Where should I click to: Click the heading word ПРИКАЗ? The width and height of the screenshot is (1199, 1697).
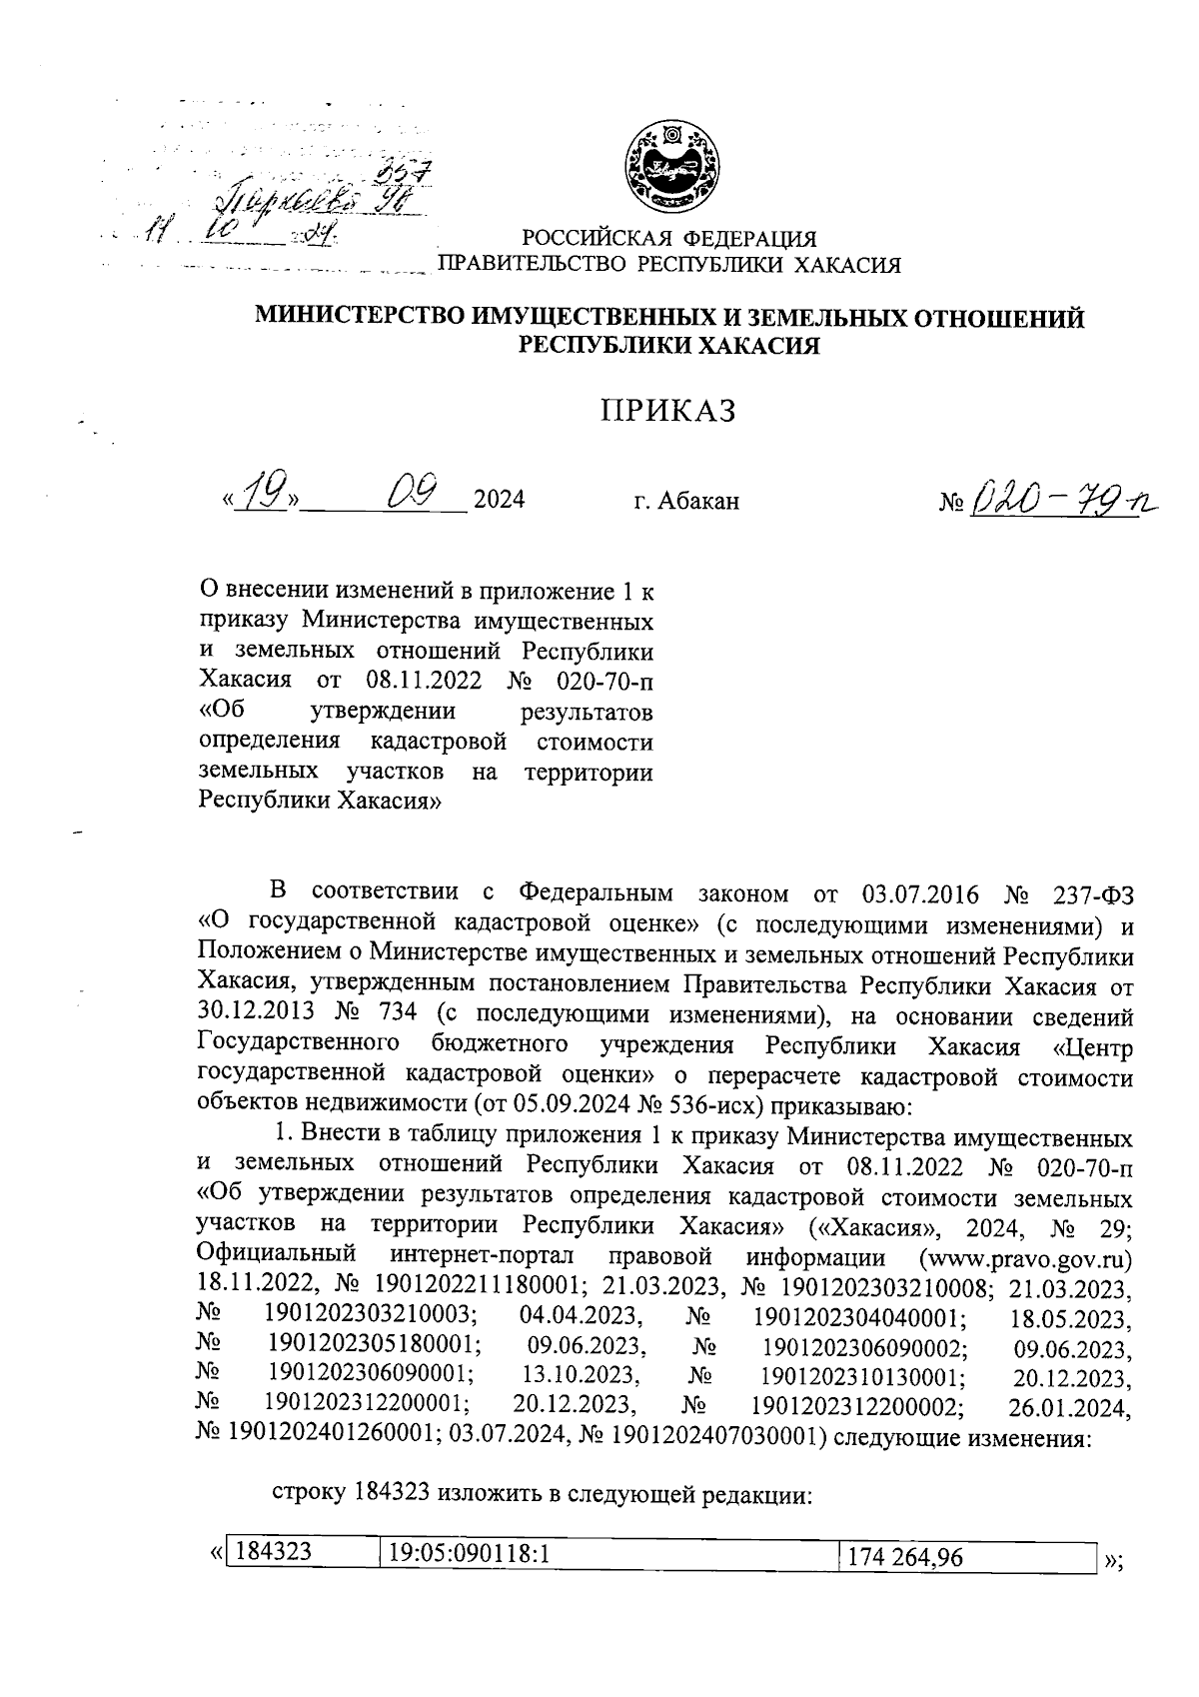tap(667, 410)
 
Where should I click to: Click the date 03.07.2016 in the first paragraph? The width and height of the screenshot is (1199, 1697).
tap(916, 893)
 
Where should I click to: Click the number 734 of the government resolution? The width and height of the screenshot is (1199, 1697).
tap(399, 1016)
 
